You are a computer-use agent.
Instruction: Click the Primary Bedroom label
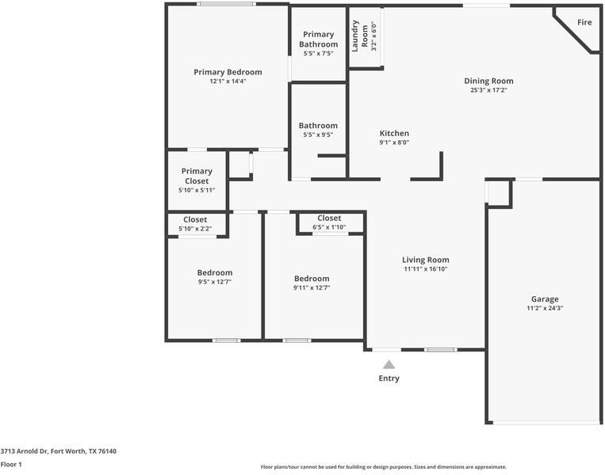coord(228,72)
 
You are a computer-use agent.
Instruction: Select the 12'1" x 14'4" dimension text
coord(228,82)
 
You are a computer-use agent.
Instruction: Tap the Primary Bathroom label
coord(318,40)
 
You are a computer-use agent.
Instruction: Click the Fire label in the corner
coord(584,22)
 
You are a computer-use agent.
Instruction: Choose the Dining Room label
coord(488,81)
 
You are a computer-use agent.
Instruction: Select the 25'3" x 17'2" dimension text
coord(488,90)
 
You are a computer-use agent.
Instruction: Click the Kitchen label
coord(394,133)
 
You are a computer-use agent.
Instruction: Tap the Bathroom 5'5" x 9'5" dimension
coord(318,135)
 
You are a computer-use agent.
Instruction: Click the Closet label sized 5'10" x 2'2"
coord(195,219)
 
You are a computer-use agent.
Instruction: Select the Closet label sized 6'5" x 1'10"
coord(329,218)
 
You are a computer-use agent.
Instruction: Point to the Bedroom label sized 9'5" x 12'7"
coord(215,272)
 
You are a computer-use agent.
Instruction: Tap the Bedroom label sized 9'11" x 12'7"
coord(312,278)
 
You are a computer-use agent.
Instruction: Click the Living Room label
coord(426,260)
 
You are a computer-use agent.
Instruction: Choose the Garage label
coord(545,298)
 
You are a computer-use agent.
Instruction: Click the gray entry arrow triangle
coord(389,365)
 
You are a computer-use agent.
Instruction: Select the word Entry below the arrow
coord(389,378)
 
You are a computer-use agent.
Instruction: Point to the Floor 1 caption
coord(11,465)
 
